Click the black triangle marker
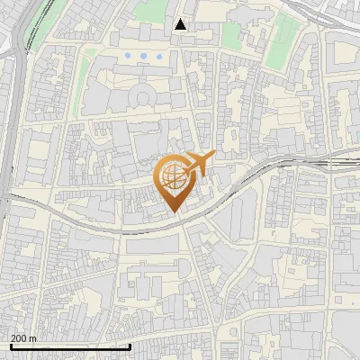click(181, 24)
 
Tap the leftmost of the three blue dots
click(129, 56)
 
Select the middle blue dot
click(144, 56)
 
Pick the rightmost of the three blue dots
click(159, 56)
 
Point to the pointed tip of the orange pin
click(175, 211)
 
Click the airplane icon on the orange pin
click(199, 163)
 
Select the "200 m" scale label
click(23, 338)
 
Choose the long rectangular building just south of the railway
click(153, 245)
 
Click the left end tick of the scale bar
click(10, 345)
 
